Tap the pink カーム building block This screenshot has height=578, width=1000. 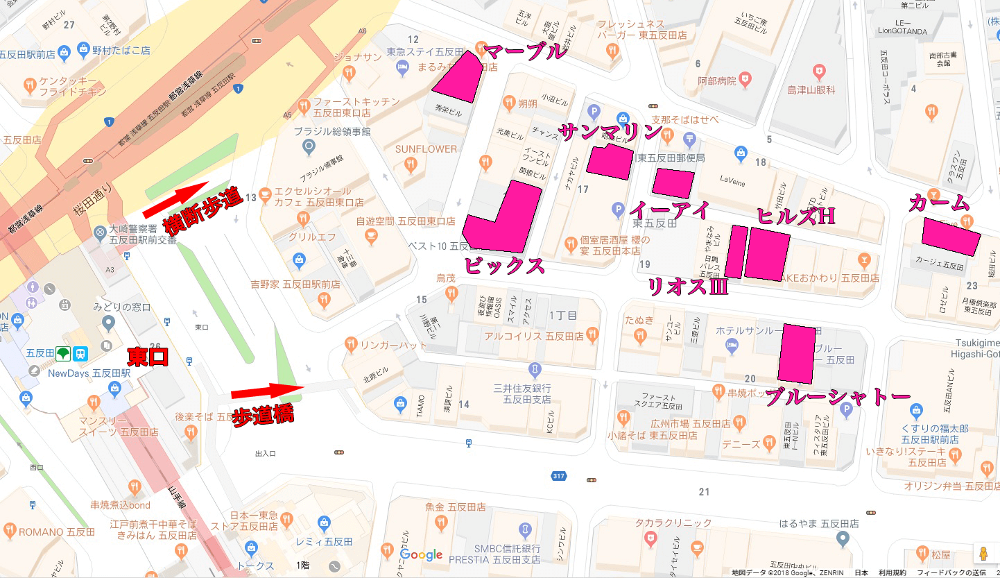click(951, 236)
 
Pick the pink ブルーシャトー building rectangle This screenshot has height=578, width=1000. click(796, 353)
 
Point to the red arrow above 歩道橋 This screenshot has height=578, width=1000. click(268, 391)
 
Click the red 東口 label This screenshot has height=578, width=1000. click(147, 357)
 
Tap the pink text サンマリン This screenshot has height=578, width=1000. click(610, 132)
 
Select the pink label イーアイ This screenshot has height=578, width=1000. click(669, 210)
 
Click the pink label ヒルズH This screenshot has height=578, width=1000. click(795, 216)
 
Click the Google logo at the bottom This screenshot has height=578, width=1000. click(421, 554)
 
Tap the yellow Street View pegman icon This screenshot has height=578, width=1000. click(983, 554)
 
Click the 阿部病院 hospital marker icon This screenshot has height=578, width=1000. click(746, 78)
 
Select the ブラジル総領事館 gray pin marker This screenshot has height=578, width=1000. click(309, 146)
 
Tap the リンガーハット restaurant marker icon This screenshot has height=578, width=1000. click(351, 344)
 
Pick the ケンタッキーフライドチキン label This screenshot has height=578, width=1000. click(73, 87)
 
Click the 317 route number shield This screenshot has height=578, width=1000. click(559, 476)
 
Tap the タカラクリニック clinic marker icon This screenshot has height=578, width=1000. click(650, 538)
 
